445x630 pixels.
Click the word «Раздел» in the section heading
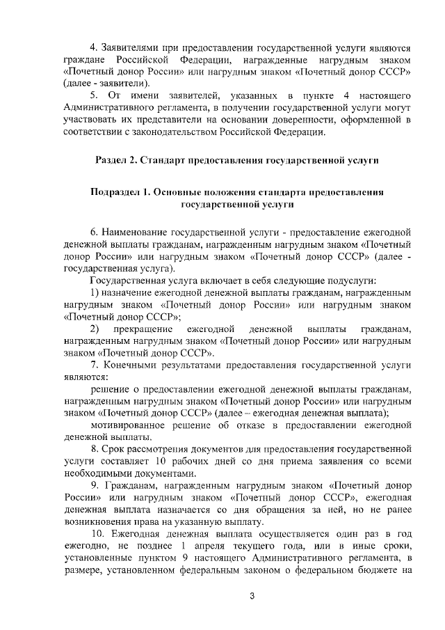[113, 160]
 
